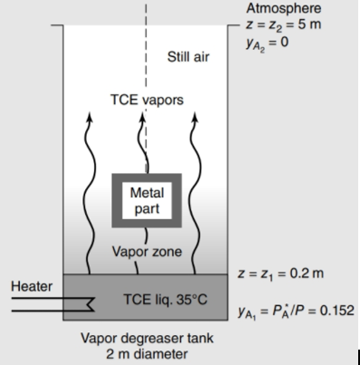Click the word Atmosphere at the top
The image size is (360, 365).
coord(283,8)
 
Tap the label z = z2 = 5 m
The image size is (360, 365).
coord(282,23)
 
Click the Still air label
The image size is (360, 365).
coord(189,59)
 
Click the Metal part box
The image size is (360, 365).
coord(146,200)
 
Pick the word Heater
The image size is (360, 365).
coord(29,286)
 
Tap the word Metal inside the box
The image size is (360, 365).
coord(147,193)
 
